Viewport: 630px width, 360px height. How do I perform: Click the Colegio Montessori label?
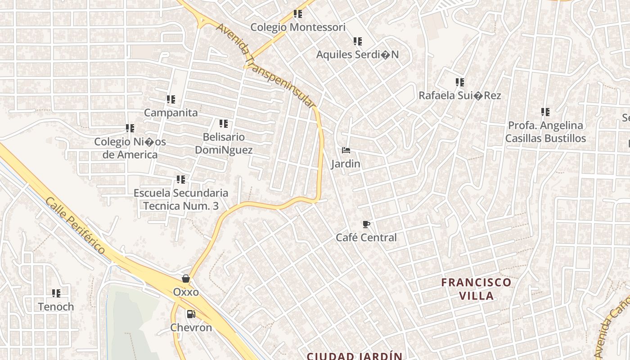pyautogui.click(x=298, y=27)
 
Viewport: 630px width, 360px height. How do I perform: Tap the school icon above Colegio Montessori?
pyautogui.click(x=297, y=14)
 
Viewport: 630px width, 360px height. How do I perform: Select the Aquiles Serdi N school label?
pyautogui.click(x=357, y=54)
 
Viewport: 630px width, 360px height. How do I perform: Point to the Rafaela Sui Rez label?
pyautogui.click(x=459, y=95)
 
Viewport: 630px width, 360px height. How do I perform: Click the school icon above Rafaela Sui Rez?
pyautogui.click(x=459, y=82)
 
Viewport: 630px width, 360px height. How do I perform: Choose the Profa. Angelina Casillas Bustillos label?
pyautogui.click(x=545, y=132)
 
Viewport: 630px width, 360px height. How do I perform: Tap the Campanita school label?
pyautogui.click(x=171, y=112)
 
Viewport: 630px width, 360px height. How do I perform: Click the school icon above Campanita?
pyautogui.click(x=171, y=99)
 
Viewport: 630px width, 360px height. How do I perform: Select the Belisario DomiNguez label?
pyautogui.click(x=224, y=144)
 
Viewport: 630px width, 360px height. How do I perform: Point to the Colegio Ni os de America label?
pyautogui.click(x=130, y=148)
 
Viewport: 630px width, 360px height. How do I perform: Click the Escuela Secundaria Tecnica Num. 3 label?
pyautogui.click(x=181, y=199)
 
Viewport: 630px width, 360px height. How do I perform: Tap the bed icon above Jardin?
pyautogui.click(x=346, y=150)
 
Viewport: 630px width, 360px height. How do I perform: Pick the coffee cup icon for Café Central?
pyautogui.click(x=366, y=224)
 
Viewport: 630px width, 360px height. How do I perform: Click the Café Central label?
pyautogui.click(x=366, y=238)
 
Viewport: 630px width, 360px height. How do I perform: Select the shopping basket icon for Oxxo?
pyautogui.click(x=186, y=279)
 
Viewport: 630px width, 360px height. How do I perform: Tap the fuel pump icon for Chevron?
pyautogui.click(x=191, y=314)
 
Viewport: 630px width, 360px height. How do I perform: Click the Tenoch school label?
pyautogui.click(x=56, y=307)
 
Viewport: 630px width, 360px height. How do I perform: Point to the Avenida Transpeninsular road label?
pyautogui.click(x=265, y=65)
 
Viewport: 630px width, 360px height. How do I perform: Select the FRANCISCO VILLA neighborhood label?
pyautogui.click(x=476, y=289)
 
